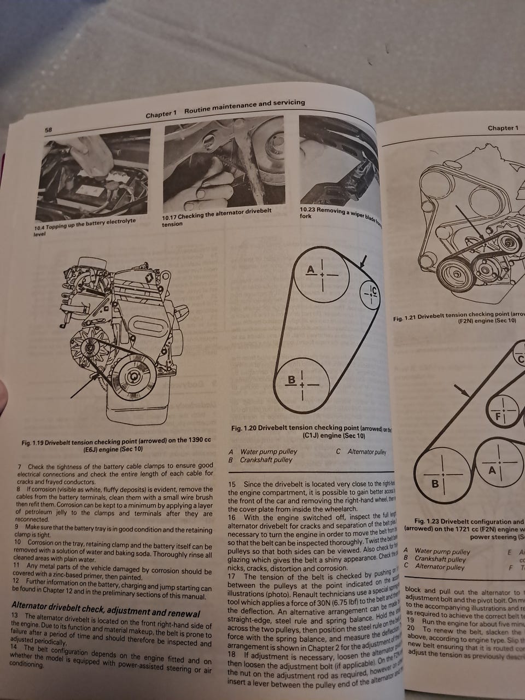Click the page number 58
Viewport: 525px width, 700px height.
point(48,130)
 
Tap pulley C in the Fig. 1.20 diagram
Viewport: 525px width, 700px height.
point(372,293)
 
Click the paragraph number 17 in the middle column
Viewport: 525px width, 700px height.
point(232,576)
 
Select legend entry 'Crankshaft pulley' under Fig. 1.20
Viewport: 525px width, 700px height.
point(266,460)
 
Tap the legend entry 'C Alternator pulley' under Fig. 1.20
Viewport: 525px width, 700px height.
point(361,452)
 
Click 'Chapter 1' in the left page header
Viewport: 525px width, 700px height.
point(161,115)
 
